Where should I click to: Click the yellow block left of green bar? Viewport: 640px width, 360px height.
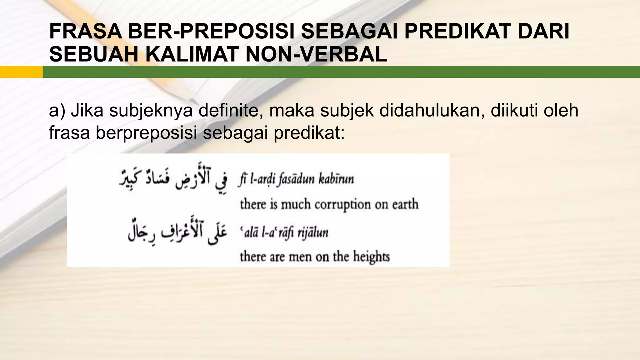(x=21, y=72)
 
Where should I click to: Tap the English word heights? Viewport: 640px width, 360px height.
(x=372, y=257)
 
